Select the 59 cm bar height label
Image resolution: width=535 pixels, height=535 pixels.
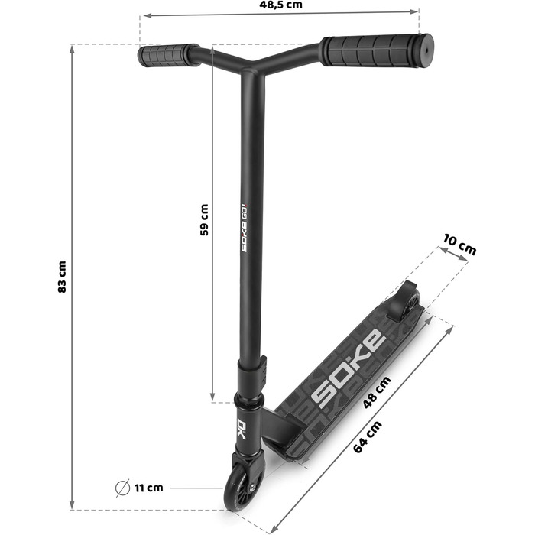203,219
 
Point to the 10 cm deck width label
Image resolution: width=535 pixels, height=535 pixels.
459,248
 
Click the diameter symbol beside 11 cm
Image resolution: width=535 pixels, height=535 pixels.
121,487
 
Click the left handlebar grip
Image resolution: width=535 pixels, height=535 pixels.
164,56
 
